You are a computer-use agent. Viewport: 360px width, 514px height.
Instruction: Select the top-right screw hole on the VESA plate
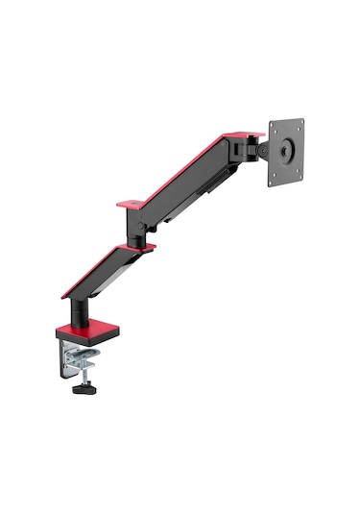tap(300, 125)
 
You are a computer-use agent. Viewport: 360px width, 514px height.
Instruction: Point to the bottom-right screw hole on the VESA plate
tap(300, 172)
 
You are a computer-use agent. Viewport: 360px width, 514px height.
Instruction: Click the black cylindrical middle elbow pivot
tap(137, 227)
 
